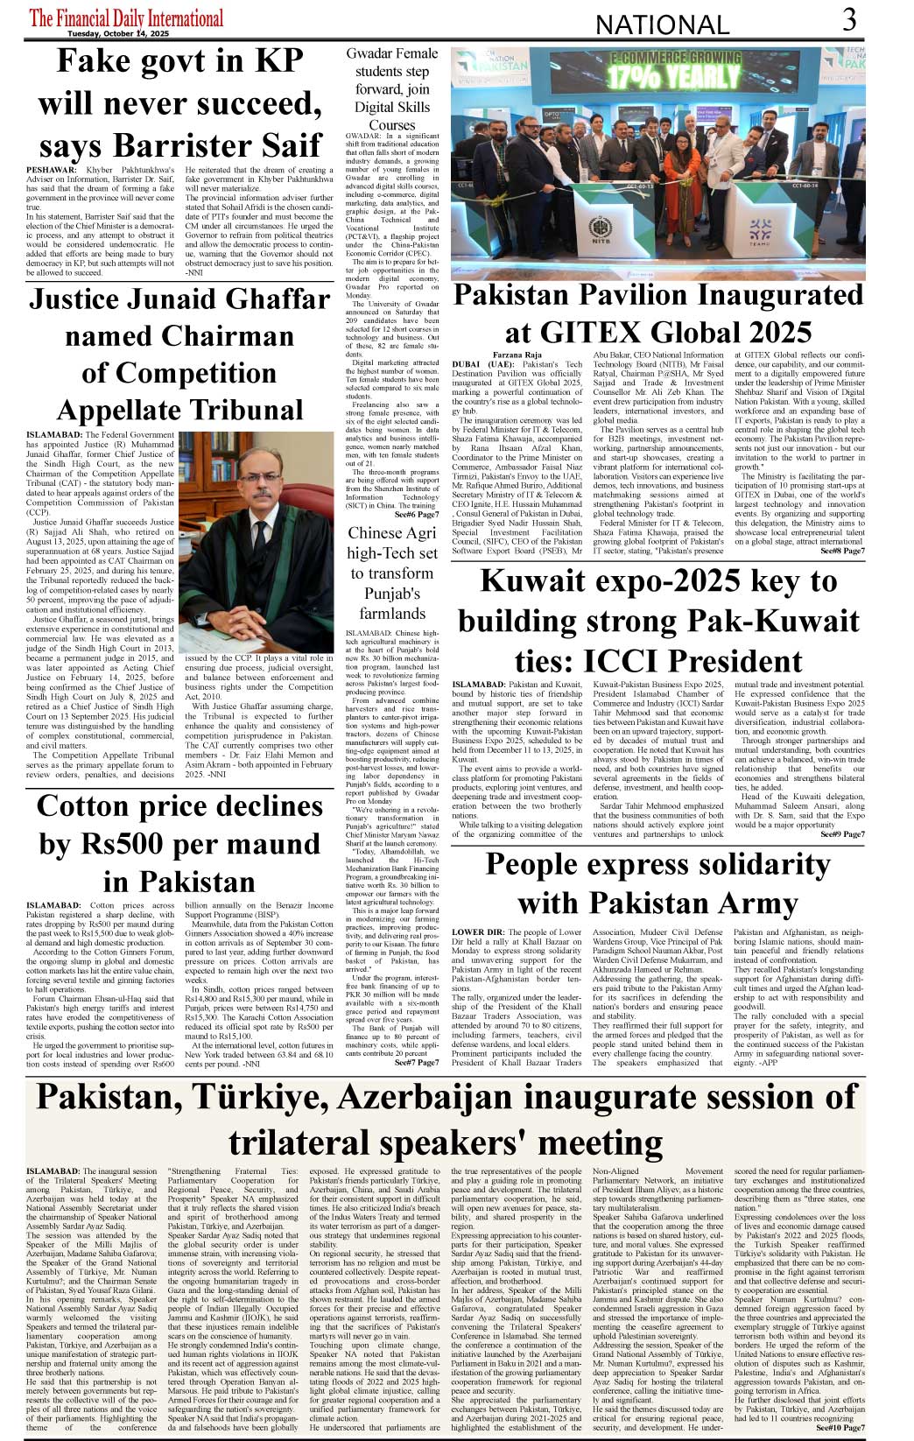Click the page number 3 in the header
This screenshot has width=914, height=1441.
coord(849,19)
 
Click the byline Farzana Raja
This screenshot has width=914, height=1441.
coord(517,355)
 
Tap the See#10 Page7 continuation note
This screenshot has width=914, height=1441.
coord(840,1428)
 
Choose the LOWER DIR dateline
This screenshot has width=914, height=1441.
coord(477,933)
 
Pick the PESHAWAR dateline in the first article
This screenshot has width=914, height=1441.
coord(51,169)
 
